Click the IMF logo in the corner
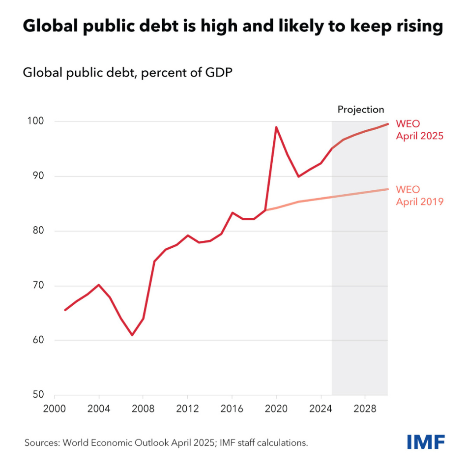coord(426,441)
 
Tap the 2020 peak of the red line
coord(276,127)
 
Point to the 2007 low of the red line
coord(132,335)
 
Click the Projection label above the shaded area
coord(360,110)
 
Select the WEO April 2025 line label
coord(420,129)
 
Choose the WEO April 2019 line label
coord(420,195)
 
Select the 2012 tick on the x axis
coord(188,409)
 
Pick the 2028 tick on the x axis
coord(365,409)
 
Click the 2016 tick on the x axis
coord(232,409)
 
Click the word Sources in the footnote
coord(42,443)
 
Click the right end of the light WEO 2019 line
coord(387,189)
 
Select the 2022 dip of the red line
coord(298,176)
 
